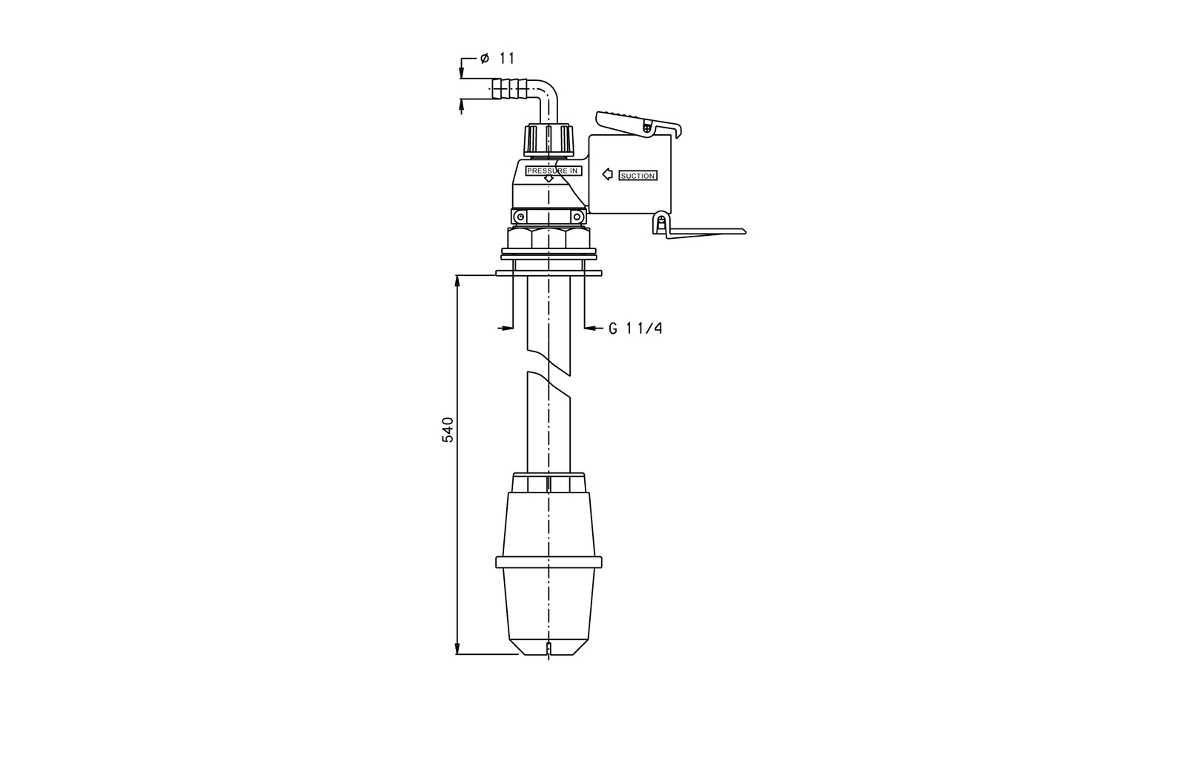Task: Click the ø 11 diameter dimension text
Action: [x=497, y=58]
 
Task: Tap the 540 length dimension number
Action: [x=448, y=429]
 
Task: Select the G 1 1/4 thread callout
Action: [x=635, y=329]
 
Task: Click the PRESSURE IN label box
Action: [x=553, y=171]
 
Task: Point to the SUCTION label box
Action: [x=638, y=175]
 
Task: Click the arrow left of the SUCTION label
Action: [x=608, y=174]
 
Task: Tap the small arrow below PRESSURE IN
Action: [x=549, y=179]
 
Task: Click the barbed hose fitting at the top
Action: [x=510, y=88]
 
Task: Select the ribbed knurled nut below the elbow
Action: [x=549, y=140]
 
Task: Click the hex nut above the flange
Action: [x=549, y=238]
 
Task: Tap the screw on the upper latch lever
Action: [x=646, y=127]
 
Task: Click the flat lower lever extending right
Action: [x=706, y=233]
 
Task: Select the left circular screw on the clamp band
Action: [x=520, y=217]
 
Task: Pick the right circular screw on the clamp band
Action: [x=577, y=217]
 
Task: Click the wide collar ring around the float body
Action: [x=549, y=562]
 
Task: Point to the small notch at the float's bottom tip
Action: [x=549, y=648]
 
